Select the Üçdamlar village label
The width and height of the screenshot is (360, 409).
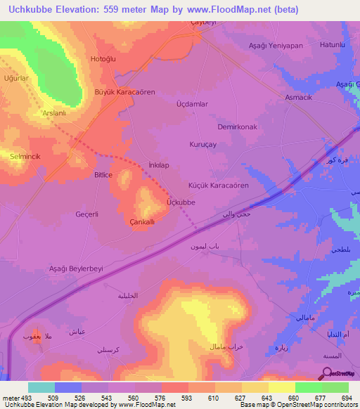pos(192,103)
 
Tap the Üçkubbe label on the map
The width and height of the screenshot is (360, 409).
pos(180,202)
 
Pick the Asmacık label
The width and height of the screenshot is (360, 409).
pos(298,97)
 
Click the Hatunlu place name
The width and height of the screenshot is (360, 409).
pos(333,45)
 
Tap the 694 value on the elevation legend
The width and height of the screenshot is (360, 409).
pos(344,398)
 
